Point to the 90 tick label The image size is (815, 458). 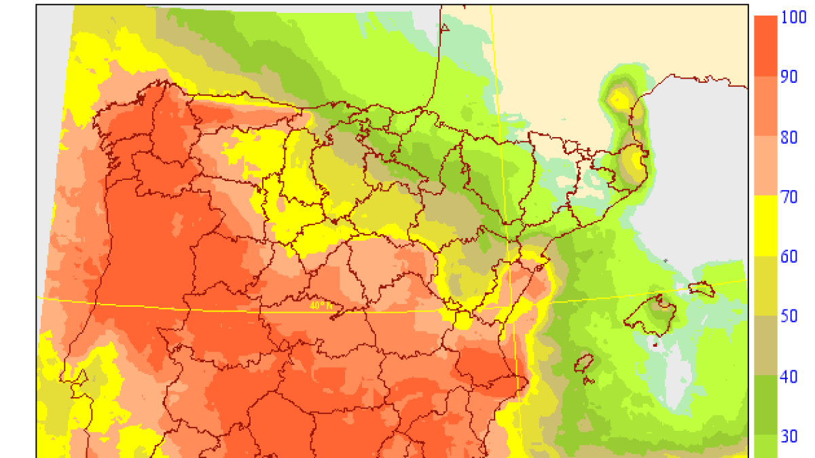tap(789, 77)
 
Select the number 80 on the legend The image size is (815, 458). tap(789, 137)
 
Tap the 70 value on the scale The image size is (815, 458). tap(789, 197)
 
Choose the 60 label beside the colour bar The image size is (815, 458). tap(789, 256)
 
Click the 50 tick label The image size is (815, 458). tap(789, 317)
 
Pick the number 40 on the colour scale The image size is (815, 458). tap(789, 377)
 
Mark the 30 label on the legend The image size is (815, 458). tap(789, 436)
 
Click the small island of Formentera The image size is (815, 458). tap(585, 381)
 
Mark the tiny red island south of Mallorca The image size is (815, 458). tap(655, 344)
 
